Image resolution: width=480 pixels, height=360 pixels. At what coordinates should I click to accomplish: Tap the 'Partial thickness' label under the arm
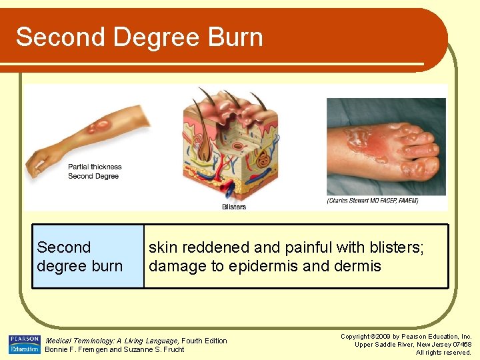95,167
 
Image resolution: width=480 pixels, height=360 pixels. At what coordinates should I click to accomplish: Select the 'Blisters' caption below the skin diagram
234,207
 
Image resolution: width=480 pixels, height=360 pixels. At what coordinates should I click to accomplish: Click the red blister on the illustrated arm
102,125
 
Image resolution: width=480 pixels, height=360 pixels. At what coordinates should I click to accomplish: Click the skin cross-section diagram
233,143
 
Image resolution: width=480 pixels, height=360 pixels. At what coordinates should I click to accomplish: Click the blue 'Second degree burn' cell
88,257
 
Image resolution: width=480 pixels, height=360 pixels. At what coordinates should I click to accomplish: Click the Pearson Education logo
24,344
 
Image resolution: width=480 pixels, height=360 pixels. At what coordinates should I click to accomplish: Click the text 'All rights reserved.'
443,352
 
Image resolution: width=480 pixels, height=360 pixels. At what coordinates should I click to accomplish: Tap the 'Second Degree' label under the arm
93,176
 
